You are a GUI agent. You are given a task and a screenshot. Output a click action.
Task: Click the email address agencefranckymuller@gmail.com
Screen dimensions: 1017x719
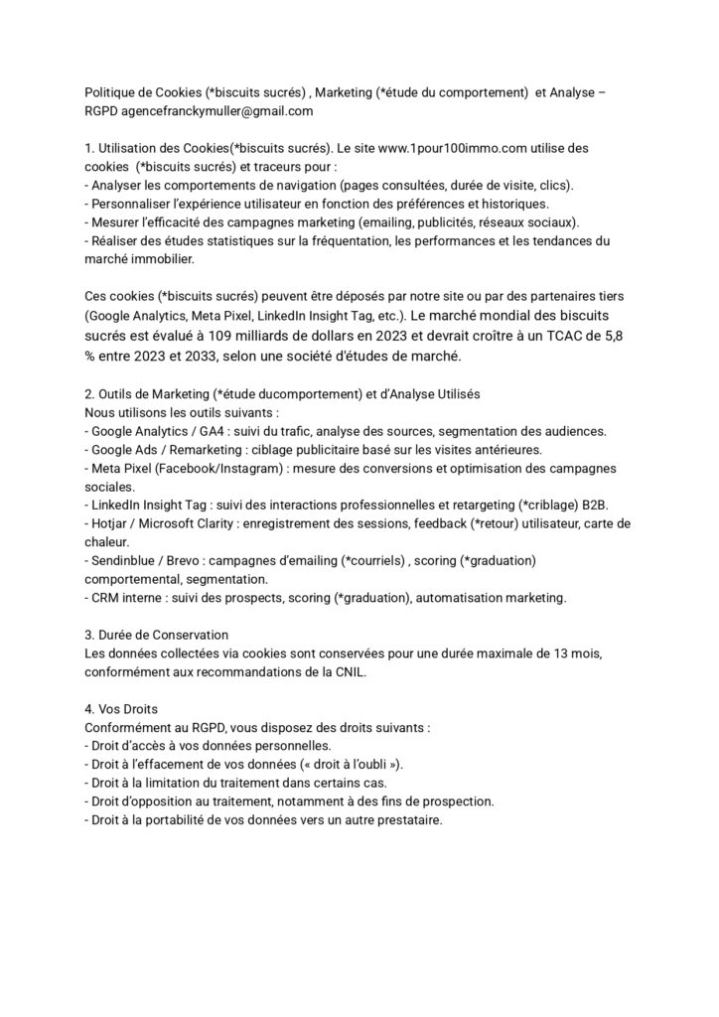pyautogui.click(x=214, y=111)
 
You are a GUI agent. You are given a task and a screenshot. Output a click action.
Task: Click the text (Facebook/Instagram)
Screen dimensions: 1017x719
pyautogui.click(x=204, y=468)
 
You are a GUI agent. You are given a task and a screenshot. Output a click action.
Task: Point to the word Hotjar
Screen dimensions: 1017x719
pyautogui.click(x=110, y=523)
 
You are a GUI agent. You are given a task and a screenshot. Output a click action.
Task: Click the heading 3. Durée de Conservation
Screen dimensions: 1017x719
pyautogui.click(x=157, y=634)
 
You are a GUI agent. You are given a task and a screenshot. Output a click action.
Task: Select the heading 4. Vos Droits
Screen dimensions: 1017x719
pyautogui.click(x=122, y=708)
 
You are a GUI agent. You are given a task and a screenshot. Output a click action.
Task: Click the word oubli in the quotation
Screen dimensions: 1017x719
pyautogui.click(x=377, y=764)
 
